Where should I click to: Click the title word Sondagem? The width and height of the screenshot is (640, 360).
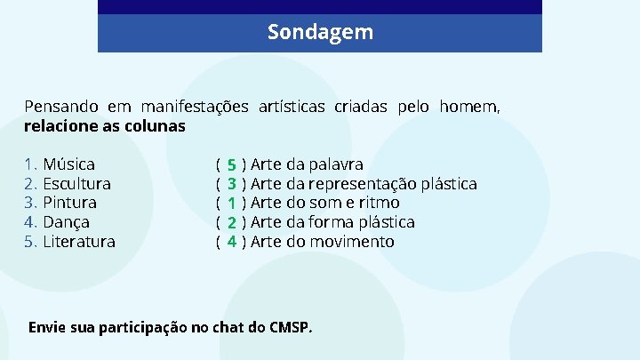click(x=320, y=33)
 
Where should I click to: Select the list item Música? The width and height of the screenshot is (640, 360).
click(x=68, y=164)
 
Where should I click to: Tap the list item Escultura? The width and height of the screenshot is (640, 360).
click(x=76, y=184)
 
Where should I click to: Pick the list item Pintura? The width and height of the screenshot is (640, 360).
click(x=70, y=203)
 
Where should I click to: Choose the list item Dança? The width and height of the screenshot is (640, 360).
click(x=67, y=222)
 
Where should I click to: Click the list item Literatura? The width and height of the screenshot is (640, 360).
click(x=79, y=242)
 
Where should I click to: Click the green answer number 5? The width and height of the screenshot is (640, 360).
click(x=231, y=165)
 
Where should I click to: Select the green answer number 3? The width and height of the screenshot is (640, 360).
click(x=231, y=184)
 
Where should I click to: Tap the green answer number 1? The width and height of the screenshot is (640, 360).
click(x=231, y=204)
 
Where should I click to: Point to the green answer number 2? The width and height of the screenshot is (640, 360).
click(x=231, y=222)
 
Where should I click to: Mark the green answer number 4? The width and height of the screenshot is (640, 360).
click(x=231, y=242)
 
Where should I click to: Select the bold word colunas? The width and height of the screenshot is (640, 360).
click(x=156, y=126)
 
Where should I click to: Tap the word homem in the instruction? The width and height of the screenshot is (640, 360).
click(x=472, y=107)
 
